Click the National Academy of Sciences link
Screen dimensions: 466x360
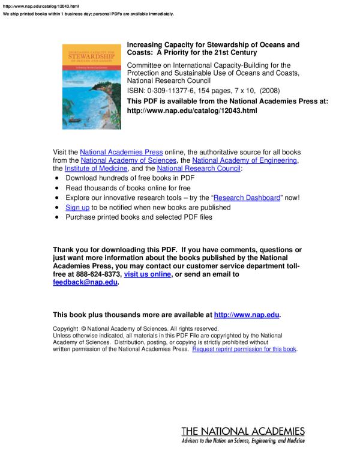(128, 161)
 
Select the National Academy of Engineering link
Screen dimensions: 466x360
(244, 161)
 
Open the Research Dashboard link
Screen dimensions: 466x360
(247, 198)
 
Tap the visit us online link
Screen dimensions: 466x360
(148, 274)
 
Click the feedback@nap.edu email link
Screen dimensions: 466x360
(85, 283)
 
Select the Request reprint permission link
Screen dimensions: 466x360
(244, 349)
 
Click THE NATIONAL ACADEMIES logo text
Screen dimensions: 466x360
(243, 432)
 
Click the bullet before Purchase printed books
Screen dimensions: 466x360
(56, 217)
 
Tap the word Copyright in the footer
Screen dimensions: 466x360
(65, 328)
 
